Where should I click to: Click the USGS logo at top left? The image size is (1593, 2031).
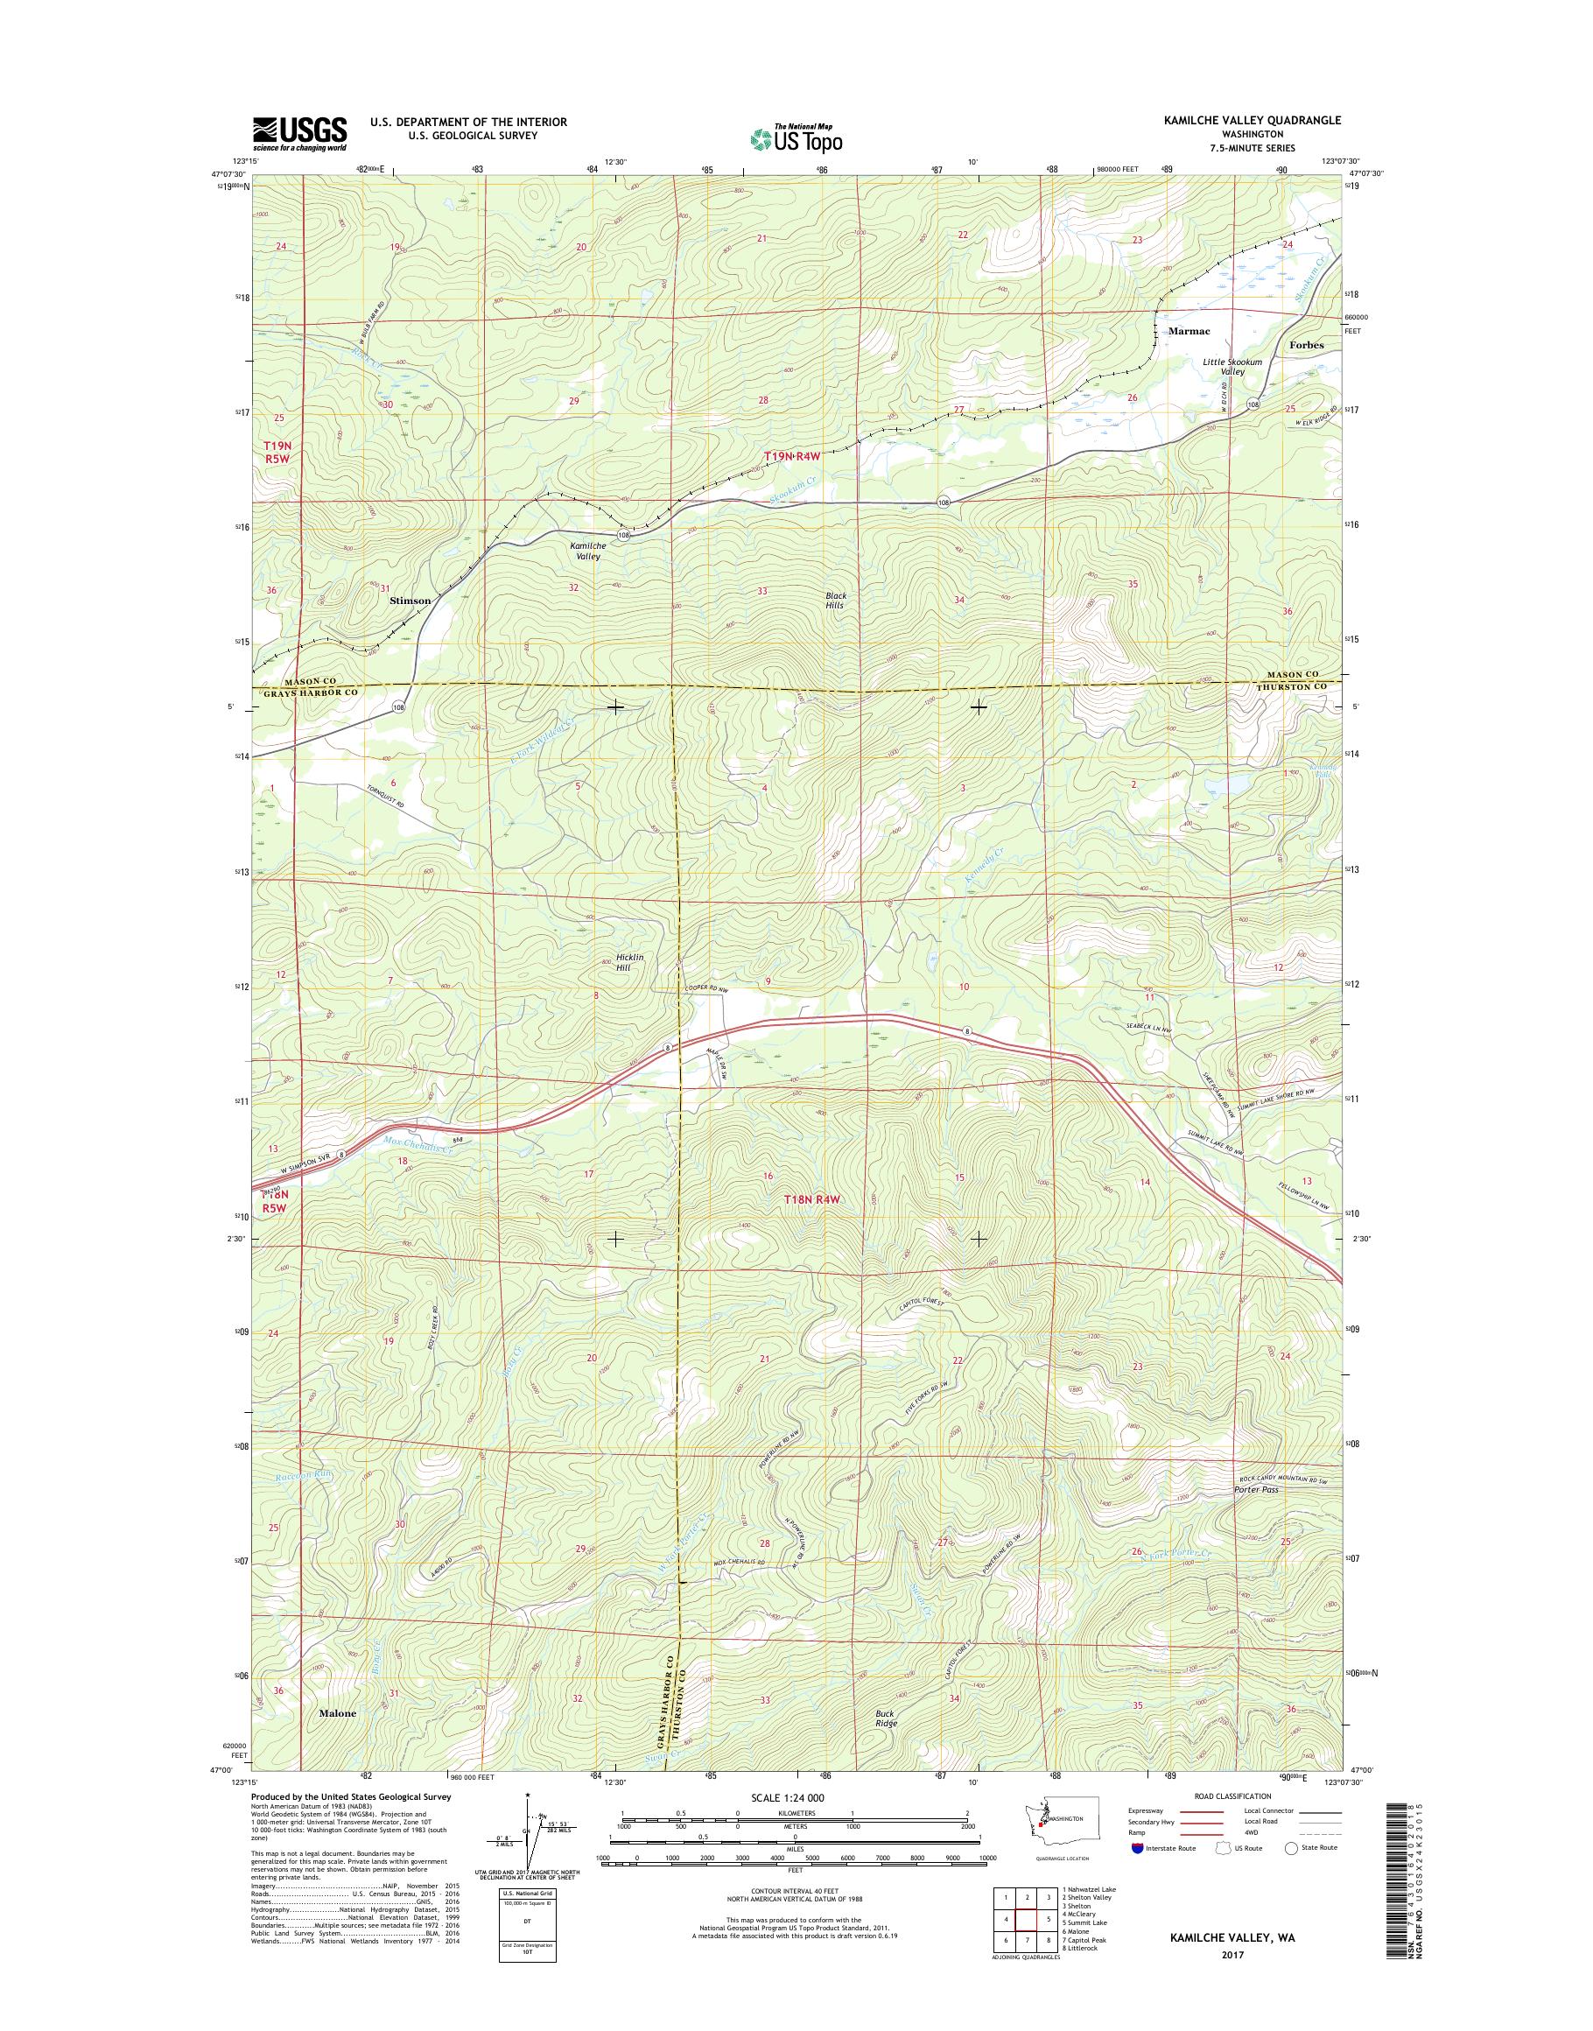click(299, 133)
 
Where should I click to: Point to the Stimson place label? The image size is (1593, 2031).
click(410, 601)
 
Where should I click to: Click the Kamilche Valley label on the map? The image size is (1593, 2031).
click(587, 551)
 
